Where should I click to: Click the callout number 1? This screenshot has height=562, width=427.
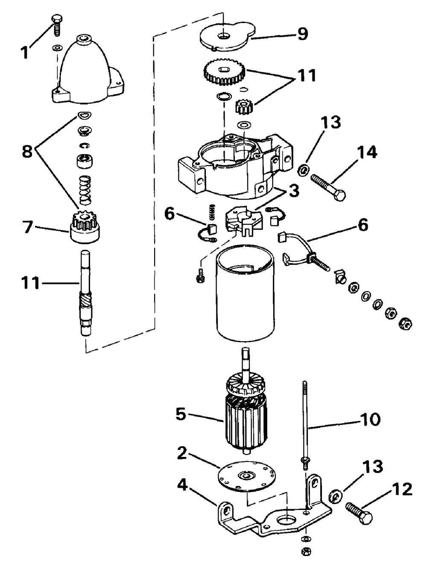(25, 53)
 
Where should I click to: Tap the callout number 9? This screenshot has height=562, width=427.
(303, 34)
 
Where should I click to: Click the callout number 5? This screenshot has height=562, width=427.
(181, 414)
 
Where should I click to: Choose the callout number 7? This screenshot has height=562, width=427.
(28, 227)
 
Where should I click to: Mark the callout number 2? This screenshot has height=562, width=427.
(182, 454)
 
